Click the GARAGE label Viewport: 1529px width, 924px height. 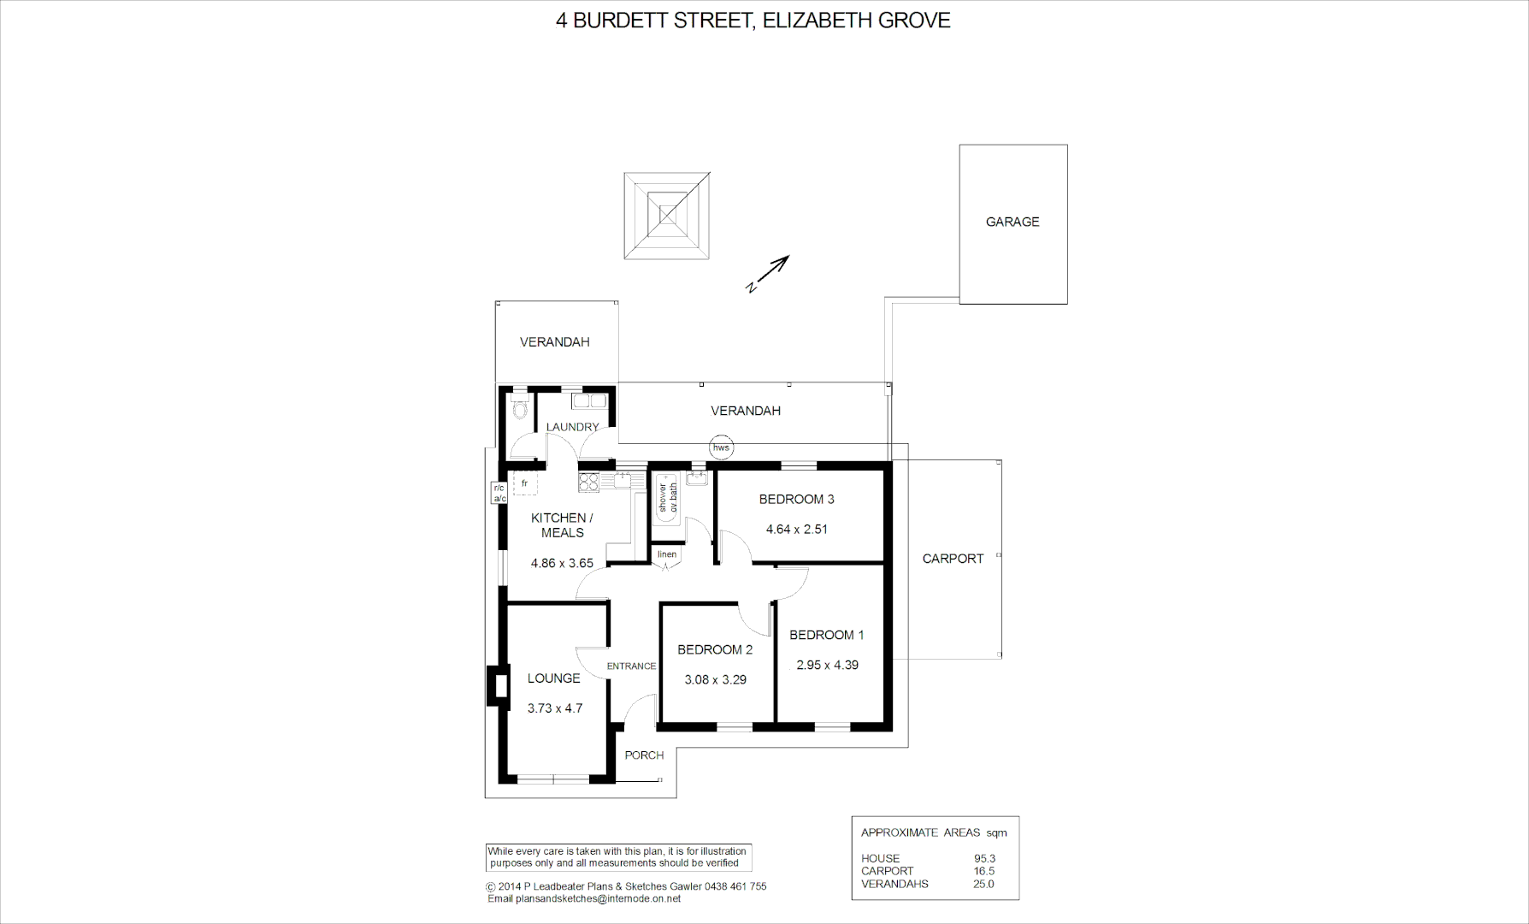point(1012,222)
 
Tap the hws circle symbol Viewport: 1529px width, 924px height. point(721,447)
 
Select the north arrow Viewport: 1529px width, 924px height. point(767,274)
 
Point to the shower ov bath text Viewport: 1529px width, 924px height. point(667,498)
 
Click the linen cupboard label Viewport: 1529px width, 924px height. point(667,554)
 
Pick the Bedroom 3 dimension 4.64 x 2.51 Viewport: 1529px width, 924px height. point(796,529)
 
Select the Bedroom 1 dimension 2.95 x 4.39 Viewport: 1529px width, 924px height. point(827,665)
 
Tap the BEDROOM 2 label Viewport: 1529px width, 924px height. point(715,649)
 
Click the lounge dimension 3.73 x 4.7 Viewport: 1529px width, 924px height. point(555,708)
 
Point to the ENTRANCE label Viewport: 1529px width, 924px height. point(631,666)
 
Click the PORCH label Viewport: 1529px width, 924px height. point(644,755)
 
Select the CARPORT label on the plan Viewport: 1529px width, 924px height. point(953,559)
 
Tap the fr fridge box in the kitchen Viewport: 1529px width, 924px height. point(524,483)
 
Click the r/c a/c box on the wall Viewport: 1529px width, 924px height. point(499,493)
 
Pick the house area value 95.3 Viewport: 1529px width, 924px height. point(984,858)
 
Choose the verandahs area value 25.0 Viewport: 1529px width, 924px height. point(983,884)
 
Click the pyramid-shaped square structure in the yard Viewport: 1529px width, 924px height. point(667,216)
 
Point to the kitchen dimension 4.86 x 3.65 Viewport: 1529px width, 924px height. point(562,563)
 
